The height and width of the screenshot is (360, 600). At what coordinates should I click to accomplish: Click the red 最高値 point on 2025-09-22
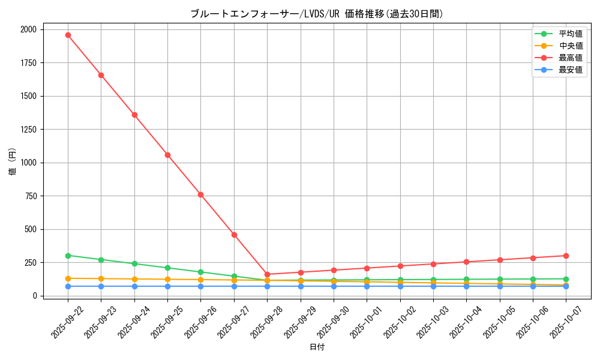[x=68, y=35]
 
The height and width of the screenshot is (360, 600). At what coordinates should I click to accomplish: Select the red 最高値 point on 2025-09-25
[x=167, y=155]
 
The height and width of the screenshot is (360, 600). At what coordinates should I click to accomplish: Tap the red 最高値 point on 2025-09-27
[x=234, y=235]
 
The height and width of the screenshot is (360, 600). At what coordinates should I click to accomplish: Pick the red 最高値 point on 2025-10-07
[x=566, y=256]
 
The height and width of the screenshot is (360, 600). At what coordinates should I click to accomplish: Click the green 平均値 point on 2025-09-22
[x=68, y=256]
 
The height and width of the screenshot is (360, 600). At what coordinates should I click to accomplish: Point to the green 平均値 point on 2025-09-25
[x=167, y=268]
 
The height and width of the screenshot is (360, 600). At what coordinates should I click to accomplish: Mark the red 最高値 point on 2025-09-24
[x=134, y=115]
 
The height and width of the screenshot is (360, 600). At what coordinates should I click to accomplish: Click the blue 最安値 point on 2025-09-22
[x=68, y=286]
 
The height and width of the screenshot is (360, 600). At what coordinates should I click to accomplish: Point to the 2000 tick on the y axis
[x=28, y=29]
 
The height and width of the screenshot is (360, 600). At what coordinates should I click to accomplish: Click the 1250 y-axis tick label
[x=28, y=130]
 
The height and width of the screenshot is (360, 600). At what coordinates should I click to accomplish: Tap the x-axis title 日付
[x=317, y=347]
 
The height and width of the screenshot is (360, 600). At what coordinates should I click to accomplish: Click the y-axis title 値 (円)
[x=12, y=163]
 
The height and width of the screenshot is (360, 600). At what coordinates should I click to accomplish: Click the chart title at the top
[x=317, y=14]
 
